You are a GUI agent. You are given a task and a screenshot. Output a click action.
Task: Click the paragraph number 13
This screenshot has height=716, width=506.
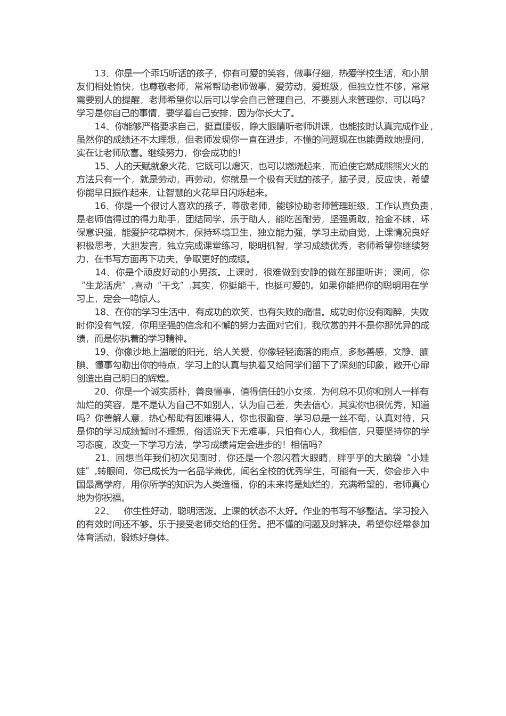click(101, 74)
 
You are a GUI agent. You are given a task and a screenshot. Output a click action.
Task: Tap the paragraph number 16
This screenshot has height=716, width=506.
click(101, 206)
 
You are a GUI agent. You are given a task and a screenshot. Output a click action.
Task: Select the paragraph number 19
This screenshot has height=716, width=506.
click(101, 352)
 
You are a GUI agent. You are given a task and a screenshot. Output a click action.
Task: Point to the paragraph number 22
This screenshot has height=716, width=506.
click(101, 510)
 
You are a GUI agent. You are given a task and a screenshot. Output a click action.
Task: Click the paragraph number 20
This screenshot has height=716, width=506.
click(101, 392)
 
